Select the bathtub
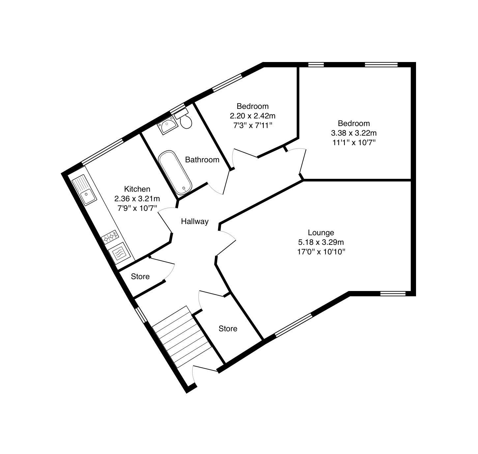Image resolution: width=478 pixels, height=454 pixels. [175, 173]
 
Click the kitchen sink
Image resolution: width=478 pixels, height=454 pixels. [84, 190]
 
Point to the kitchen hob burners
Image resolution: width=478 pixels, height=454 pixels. [110, 237]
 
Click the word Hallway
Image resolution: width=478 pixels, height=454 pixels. [195, 221]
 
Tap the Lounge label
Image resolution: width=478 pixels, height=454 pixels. [321, 233]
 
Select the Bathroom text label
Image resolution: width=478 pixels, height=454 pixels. [202, 160]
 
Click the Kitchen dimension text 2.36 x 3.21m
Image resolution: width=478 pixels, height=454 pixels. [137, 199]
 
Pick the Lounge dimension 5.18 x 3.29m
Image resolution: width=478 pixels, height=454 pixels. [321, 242]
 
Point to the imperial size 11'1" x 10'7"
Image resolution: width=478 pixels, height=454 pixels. [354, 143]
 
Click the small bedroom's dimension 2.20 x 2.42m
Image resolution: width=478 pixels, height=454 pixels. [253, 115]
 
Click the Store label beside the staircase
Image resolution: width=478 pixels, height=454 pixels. [228, 329]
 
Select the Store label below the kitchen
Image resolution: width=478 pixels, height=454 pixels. [140, 276]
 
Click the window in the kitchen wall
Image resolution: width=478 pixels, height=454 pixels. [103, 151]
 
